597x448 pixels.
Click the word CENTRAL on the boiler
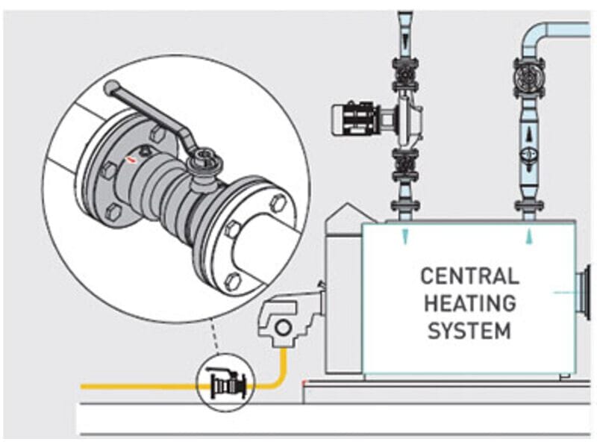[x=469, y=276]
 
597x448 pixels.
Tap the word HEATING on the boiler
[x=469, y=302]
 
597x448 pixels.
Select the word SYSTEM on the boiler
[x=469, y=329]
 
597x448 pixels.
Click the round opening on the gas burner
[x=281, y=327]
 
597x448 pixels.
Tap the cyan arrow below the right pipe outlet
[x=529, y=237]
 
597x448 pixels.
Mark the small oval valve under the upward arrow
[x=529, y=157]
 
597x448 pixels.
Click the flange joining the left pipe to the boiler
[x=404, y=205]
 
